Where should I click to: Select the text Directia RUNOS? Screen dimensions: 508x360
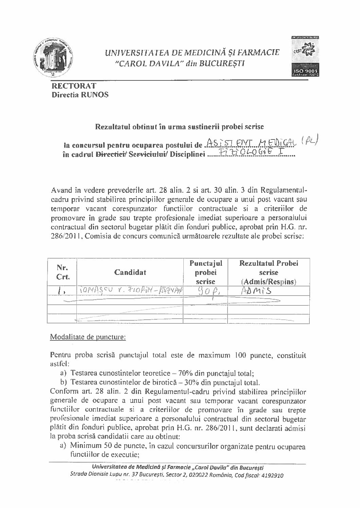(x=80, y=95)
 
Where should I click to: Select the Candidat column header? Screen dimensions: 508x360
(x=130, y=272)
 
